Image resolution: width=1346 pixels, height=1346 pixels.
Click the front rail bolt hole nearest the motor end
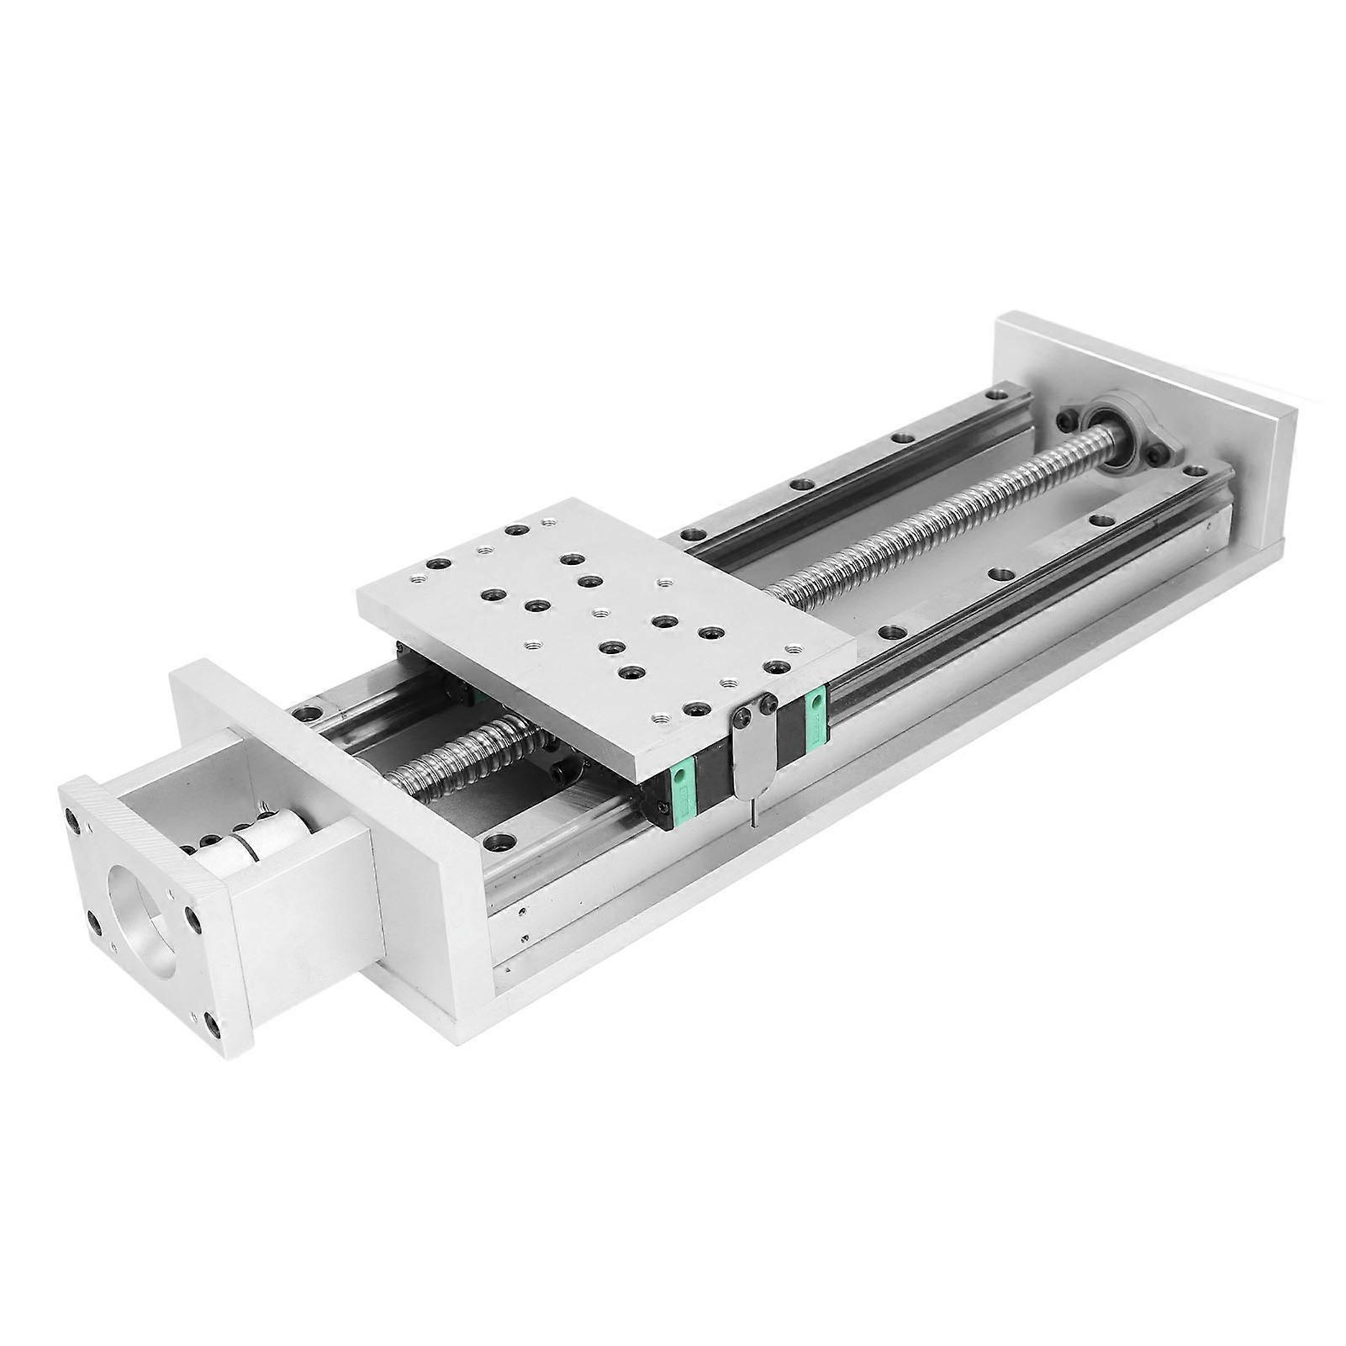501,840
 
